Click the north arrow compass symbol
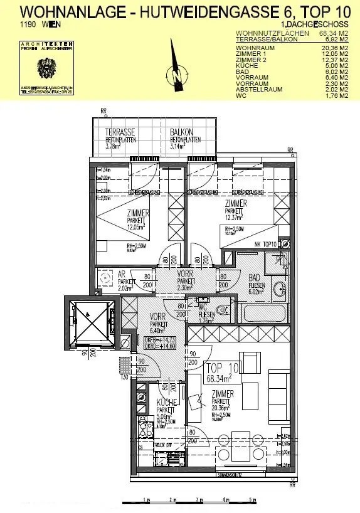click(x=176, y=73)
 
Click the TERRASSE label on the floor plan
click(x=119, y=133)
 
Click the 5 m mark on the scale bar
click(x=252, y=500)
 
